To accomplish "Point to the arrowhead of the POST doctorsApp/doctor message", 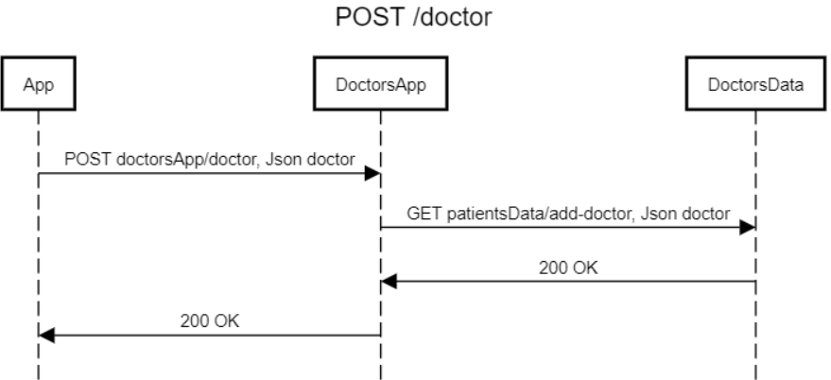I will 373,173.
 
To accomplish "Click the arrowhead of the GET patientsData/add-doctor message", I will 748,227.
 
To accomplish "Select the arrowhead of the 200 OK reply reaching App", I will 46,335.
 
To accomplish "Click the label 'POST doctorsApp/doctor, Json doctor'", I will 209,159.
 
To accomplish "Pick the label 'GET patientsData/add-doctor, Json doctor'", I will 568,213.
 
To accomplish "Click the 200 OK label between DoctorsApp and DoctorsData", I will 568,267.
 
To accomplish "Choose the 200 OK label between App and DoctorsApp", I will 209,320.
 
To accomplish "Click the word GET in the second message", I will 422,213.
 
